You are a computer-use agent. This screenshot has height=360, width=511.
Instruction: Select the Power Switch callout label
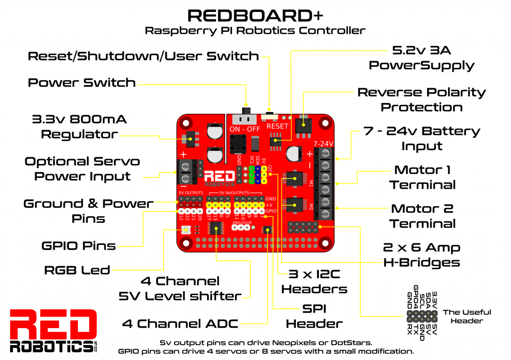click(x=82, y=83)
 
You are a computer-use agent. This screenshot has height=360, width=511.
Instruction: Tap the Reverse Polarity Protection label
click(x=422, y=100)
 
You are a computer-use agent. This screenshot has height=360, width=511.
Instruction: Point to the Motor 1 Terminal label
click(x=422, y=177)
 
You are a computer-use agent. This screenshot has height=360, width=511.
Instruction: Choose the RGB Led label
click(x=77, y=270)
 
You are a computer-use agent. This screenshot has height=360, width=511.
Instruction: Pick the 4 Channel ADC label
click(x=180, y=324)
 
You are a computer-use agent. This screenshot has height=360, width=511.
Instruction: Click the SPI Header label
click(x=314, y=316)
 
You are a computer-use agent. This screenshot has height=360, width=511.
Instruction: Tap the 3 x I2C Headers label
click(x=314, y=281)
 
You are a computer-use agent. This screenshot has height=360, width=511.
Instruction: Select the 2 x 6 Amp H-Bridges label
click(x=422, y=255)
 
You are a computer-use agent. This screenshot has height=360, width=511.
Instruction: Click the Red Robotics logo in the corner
click(x=53, y=331)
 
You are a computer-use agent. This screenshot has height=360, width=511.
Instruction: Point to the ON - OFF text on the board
click(x=245, y=129)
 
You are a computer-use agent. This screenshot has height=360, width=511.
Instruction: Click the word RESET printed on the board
click(x=277, y=126)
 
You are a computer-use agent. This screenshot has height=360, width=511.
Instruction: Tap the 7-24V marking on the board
click(x=323, y=144)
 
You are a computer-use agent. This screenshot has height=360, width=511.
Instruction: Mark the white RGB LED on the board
click(x=186, y=230)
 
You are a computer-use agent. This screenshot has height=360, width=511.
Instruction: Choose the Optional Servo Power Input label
click(x=82, y=169)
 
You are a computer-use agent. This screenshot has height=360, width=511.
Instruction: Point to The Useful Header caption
click(x=467, y=316)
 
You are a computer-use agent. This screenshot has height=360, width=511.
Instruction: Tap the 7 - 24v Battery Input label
click(x=422, y=139)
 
